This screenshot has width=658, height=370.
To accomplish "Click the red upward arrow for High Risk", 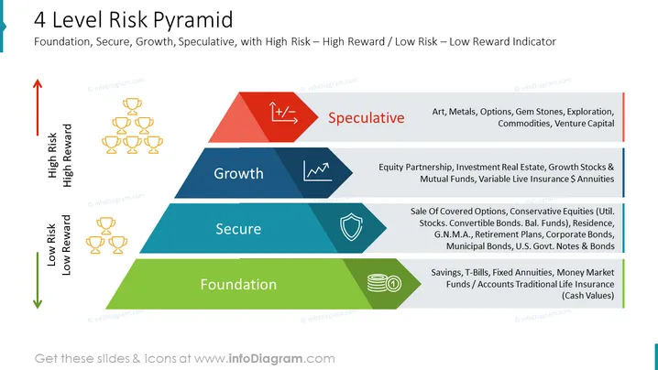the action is tap(38, 107).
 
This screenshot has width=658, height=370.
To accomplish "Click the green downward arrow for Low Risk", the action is tap(38, 280).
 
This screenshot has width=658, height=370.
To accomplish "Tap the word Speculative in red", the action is tap(366, 118).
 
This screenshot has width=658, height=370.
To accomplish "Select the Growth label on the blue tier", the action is tap(238, 173).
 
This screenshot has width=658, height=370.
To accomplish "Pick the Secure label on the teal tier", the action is tap(238, 229).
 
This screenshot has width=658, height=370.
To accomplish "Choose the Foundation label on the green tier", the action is tap(238, 285).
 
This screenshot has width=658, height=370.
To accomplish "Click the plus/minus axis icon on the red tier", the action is tap(283, 113).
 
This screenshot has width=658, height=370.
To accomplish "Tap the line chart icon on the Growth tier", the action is tap(318, 171).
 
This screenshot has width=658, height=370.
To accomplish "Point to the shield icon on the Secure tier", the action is tap(351, 227).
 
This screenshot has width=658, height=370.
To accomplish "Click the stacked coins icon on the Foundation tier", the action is tap(384, 283).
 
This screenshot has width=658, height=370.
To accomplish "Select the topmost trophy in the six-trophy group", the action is tap(132, 106).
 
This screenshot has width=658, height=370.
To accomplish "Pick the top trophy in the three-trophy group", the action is tap(105, 225).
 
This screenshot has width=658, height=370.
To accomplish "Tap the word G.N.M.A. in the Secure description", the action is tap(453, 234).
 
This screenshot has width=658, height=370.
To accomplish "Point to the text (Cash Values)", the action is tap(588, 296).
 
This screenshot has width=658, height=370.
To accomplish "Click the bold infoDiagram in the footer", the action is tap(265, 359).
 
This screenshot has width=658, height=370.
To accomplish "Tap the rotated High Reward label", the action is tap(67, 155).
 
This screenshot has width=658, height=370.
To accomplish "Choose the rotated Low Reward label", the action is tap(66, 245).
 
